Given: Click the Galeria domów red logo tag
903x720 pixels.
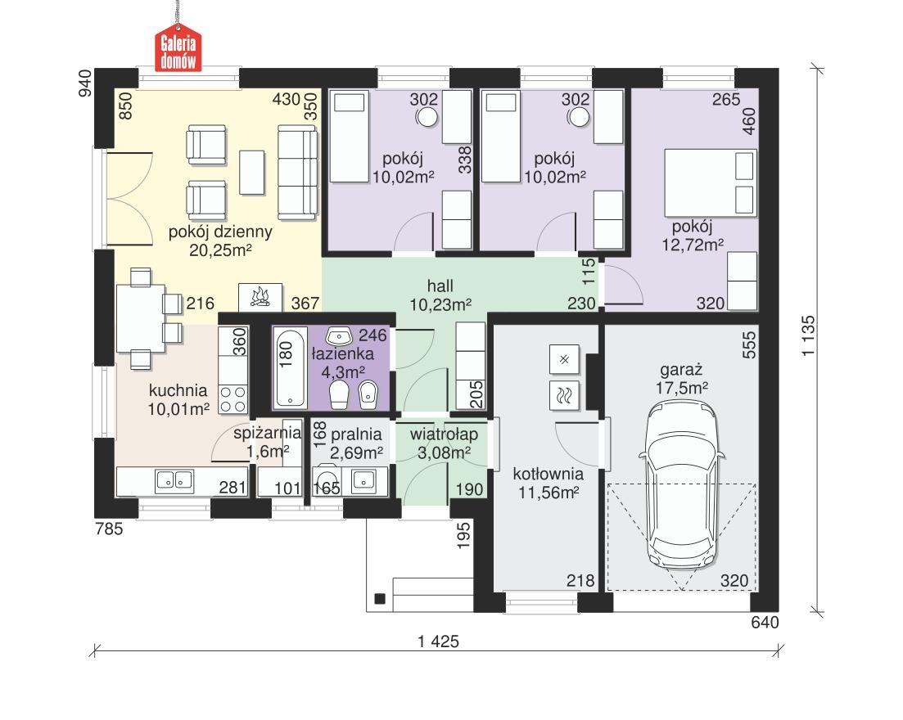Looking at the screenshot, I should click(x=179, y=50).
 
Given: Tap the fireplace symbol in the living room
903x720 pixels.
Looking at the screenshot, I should click(x=260, y=296).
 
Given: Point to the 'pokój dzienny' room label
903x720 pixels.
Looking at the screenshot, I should click(x=220, y=232).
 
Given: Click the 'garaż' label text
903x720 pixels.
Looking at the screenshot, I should click(x=681, y=368).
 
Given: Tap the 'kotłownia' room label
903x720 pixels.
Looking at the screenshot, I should click(x=548, y=474).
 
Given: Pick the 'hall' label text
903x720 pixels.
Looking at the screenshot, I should click(x=440, y=286).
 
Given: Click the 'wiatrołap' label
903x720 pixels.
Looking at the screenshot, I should click(x=445, y=432).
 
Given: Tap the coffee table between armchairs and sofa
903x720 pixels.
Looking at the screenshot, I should click(x=252, y=172).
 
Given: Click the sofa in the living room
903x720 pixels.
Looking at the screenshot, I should click(x=296, y=172).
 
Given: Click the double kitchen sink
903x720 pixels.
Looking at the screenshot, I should click(x=174, y=481).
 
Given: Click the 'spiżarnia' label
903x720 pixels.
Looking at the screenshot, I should click(x=268, y=433).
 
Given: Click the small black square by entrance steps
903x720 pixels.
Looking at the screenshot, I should click(x=378, y=598).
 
